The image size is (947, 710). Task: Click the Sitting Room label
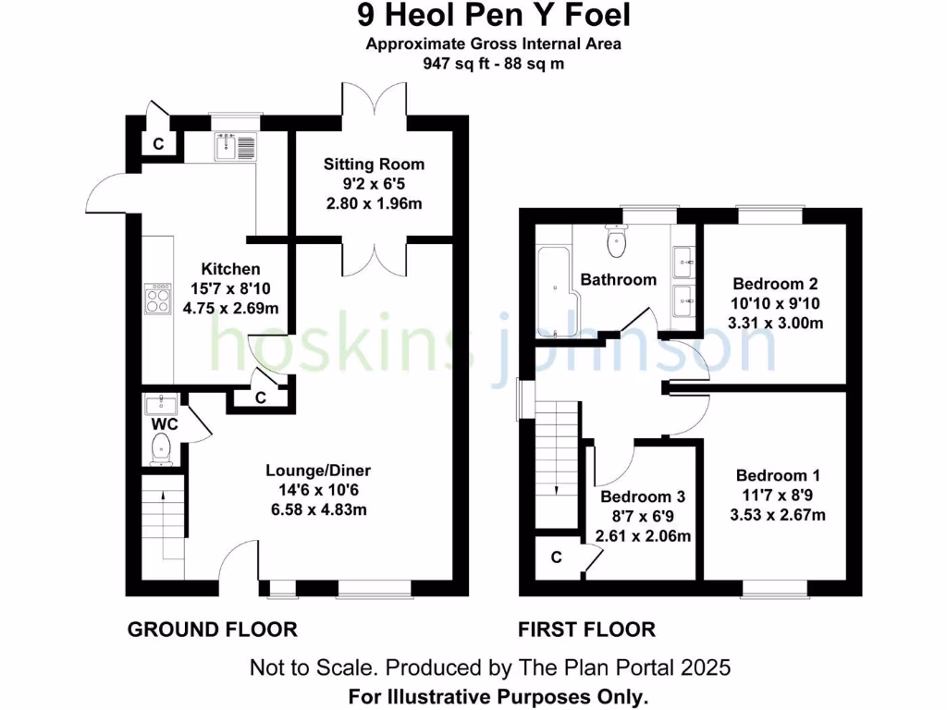click(374, 165)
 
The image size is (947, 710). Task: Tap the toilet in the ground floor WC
click(162, 450)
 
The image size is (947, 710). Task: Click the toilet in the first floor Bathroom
click(617, 241)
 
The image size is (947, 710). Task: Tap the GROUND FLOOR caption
click(212, 630)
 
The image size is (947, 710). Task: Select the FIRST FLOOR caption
click(586, 630)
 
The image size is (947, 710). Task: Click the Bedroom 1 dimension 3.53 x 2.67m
click(778, 515)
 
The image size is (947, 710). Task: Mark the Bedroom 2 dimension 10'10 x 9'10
click(776, 304)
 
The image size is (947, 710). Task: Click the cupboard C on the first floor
click(557, 557)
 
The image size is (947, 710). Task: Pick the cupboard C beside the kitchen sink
click(159, 143)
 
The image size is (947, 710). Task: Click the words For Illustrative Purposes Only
click(498, 696)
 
